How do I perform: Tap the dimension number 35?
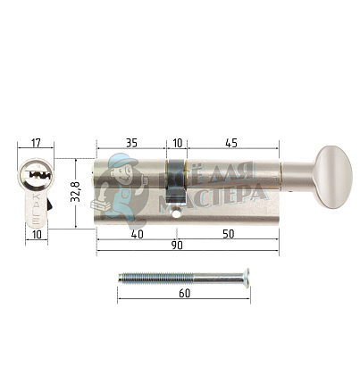point(130,141)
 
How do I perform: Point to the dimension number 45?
point(231,141)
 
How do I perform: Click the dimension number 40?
point(137,233)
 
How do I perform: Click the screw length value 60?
point(183,293)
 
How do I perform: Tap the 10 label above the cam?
point(177,141)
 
